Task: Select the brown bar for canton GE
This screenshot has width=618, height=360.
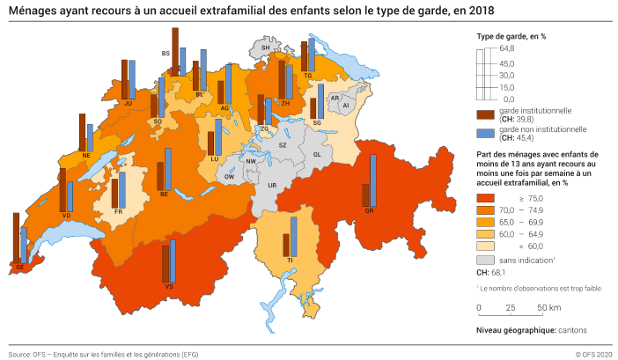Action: tap(16, 238)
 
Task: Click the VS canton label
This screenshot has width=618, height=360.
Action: tap(167, 287)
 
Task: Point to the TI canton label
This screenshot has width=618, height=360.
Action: tap(289, 261)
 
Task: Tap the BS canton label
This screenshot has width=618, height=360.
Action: tap(165, 54)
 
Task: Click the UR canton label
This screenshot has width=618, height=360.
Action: tap(272, 187)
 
